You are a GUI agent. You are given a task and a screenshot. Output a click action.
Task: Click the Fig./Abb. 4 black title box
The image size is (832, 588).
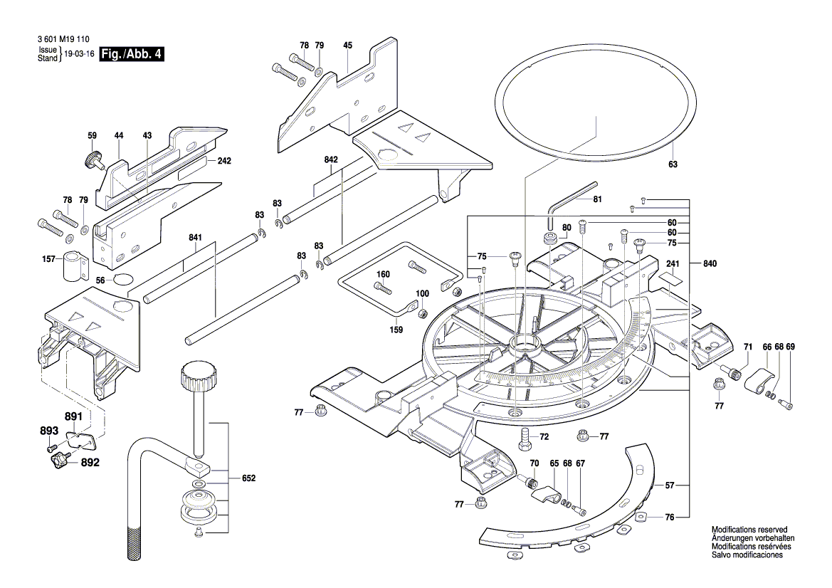pos(132,54)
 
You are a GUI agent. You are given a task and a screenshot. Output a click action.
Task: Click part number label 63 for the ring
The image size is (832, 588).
pos(673,164)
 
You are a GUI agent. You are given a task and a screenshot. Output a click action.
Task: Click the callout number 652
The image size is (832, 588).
pos(248,478)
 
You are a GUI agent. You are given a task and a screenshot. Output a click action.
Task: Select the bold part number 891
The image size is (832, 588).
pos(73,417)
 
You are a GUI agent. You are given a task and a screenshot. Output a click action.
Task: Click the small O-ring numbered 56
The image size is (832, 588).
pos(122,280)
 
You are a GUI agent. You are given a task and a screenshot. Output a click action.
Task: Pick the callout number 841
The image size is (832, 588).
pos(196,238)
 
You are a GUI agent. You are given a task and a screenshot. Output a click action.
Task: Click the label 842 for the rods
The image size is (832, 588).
pos(331,160)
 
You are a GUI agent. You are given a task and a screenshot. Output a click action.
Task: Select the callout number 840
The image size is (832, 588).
pos(710,263)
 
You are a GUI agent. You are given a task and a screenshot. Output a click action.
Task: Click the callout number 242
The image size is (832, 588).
pos(224,161)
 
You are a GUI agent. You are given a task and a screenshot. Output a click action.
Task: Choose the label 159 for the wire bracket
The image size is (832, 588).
pos(396,330)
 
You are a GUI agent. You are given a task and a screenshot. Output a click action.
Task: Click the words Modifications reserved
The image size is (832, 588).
pos(749,530)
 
